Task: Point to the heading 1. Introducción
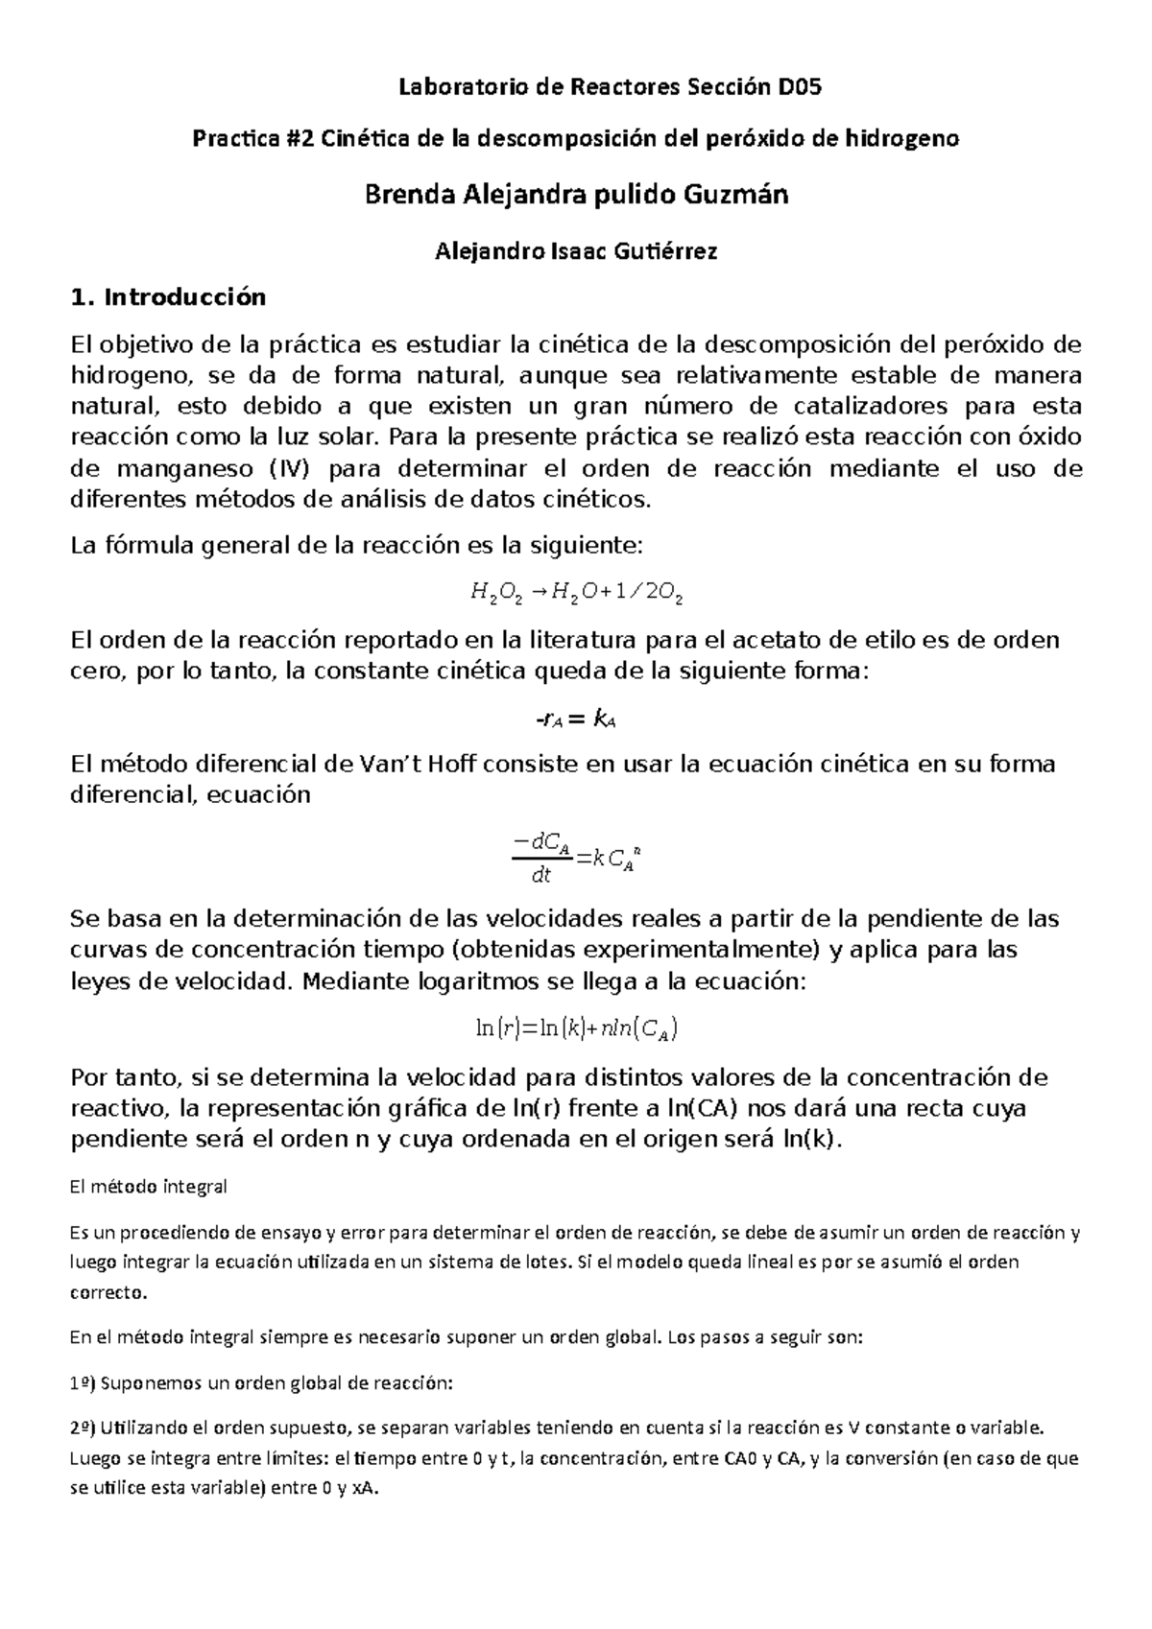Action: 169,297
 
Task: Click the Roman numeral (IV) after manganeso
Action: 291,469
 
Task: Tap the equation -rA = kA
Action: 575,720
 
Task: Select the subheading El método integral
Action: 149,1187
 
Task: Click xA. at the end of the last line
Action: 365,1491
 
